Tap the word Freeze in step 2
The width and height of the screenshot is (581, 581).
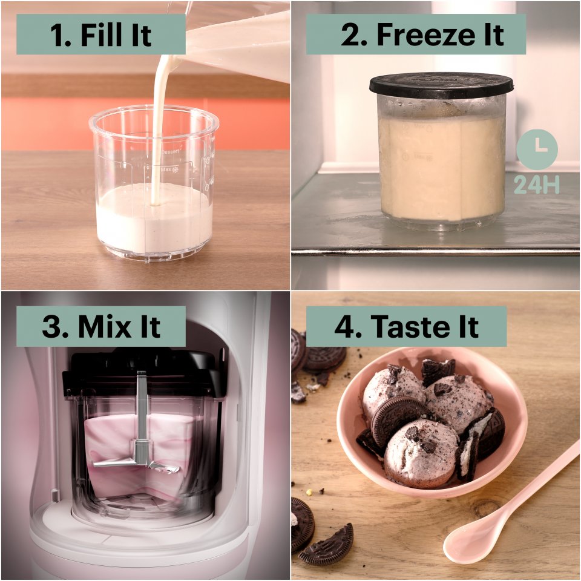(x=422, y=34)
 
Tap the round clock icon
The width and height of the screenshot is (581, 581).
(x=537, y=149)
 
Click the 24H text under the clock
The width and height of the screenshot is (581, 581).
(x=537, y=185)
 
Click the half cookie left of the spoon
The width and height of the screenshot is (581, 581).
(x=326, y=545)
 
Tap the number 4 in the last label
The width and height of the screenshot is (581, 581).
(x=344, y=327)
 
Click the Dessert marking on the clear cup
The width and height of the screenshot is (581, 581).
(x=170, y=151)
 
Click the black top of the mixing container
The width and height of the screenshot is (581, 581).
(x=144, y=373)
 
